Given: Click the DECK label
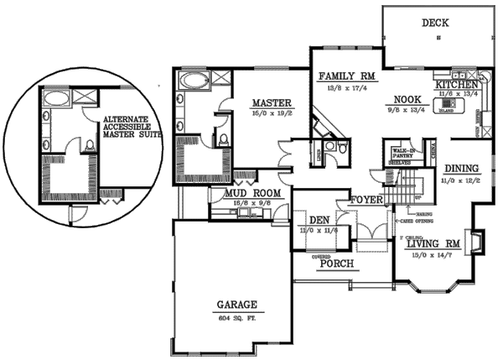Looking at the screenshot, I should coord(434,23).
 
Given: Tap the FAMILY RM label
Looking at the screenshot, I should coord(348,76).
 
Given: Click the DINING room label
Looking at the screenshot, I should coord(462,168).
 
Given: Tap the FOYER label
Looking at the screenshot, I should coord(368,200).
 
